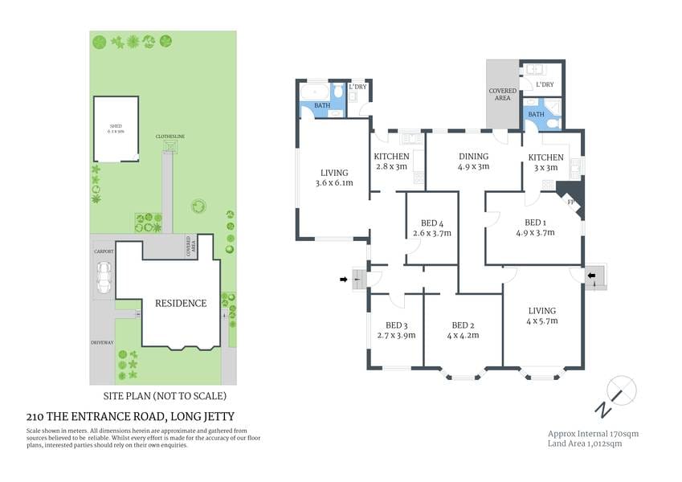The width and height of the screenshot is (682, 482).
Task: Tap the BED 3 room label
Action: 396,325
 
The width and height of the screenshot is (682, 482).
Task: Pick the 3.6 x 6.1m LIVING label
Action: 333,173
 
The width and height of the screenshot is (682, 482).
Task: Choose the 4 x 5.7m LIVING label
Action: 542,311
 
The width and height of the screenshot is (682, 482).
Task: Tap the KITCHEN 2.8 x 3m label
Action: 391,157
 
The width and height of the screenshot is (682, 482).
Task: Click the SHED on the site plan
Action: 116,127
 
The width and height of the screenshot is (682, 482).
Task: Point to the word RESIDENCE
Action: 182,303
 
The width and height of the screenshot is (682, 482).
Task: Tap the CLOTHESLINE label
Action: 170,137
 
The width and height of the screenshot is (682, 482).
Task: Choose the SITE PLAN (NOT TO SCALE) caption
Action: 165,396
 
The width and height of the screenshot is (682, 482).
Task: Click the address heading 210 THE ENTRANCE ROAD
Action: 128,417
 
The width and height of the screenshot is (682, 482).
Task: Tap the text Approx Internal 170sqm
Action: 593,433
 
